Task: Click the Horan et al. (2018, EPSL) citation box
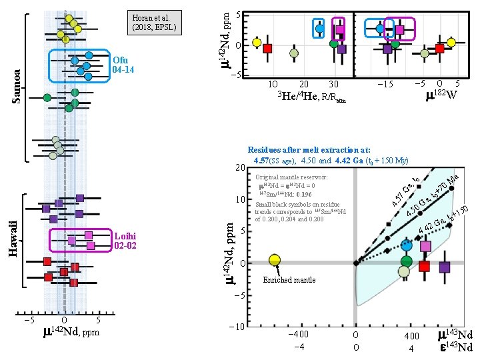pyautogui.click(x=156, y=23)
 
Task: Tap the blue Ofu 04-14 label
pyautogui.click(x=124, y=65)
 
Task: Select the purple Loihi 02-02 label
pyautogui.click(x=125, y=240)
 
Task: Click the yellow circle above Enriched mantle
pyautogui.click(x=274, y=259)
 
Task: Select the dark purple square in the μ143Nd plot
pyautogui.click(x=445, y=267)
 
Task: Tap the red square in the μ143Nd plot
pyautogui.click(x=425, y=267)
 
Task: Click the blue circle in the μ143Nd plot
pyautogui.click(x=407, y=245)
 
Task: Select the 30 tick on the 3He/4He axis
pyautogui.click(x=334, y=84)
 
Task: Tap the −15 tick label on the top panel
pyautogui.click(x=385, y=84)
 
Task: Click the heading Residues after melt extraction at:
pyautogui.click(x=309, y=151)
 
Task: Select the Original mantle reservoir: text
pyautogui.click(x=291, y=177)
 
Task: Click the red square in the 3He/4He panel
pyautogui.click(x=267, y=48)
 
